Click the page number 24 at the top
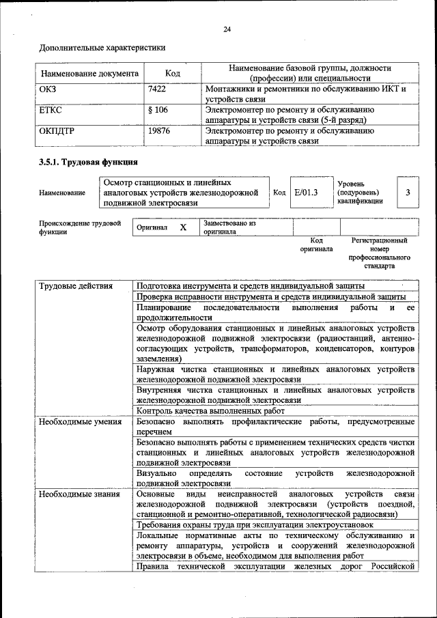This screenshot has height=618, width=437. [x=227, y=29]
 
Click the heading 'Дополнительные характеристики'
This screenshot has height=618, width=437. [x=102, y=48]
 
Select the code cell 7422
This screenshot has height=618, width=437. [x=157, y=89]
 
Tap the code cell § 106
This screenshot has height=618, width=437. [x=158, y=110]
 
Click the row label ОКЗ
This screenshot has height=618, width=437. [x=48, y=89]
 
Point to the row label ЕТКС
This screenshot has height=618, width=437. [x=52, y=110]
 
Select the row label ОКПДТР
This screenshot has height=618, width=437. [x=57, y=130]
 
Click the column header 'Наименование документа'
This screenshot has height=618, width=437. [x=89, y=73]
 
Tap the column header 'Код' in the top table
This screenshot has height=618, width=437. [x=173, y=73]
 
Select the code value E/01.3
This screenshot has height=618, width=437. [x=307, y=193]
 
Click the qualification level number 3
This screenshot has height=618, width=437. [x=408, y=193]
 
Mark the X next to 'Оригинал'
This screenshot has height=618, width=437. [x=183, y=227]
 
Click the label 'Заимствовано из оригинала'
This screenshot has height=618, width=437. [x=229, y=227]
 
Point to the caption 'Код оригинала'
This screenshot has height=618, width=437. [x=316, y=244]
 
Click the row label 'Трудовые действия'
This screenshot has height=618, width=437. [x=76, y=285]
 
